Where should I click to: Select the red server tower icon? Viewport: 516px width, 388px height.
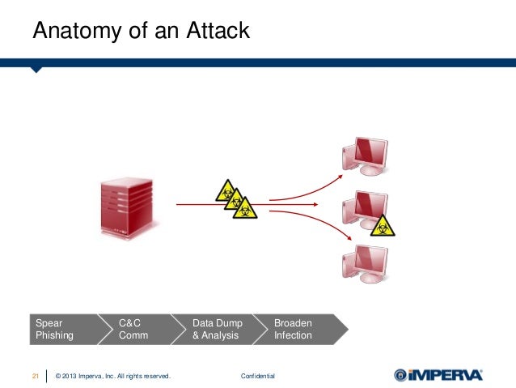[124, 206]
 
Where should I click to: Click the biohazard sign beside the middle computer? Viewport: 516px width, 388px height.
[383, 224]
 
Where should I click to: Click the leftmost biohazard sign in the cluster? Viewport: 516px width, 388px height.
[226, 190]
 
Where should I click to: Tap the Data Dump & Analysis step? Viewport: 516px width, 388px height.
[217, 329]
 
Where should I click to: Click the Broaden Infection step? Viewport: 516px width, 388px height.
[296, 329]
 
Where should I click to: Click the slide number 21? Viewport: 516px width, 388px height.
[36, 376]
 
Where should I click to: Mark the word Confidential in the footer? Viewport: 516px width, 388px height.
[258, 376]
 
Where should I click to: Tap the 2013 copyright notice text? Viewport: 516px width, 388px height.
[112, 376]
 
